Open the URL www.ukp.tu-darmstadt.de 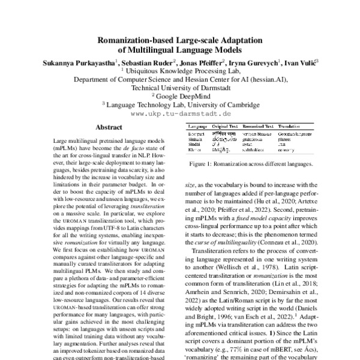(x=180, y=113)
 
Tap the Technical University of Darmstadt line (x=180, y=87)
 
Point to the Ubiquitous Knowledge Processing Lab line (x=180, y=70)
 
